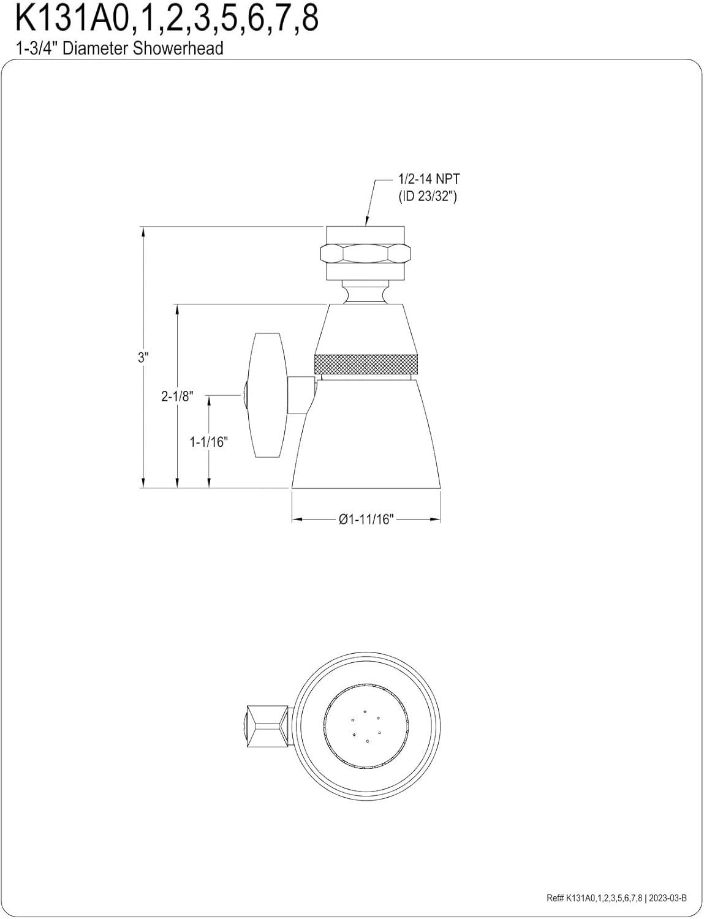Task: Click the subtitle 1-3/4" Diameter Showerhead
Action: (x=119, y=48)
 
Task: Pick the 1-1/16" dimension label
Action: (x=208, y=442)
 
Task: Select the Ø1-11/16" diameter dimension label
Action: (x=366, y=520)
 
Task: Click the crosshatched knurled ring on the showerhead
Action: (x=366, y=363)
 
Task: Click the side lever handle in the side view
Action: (x=267, y=396)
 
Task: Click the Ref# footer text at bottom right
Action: (x=586, y=899)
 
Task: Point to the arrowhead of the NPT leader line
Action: (x=367, y=224)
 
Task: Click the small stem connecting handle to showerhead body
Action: (x=301, y=395)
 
